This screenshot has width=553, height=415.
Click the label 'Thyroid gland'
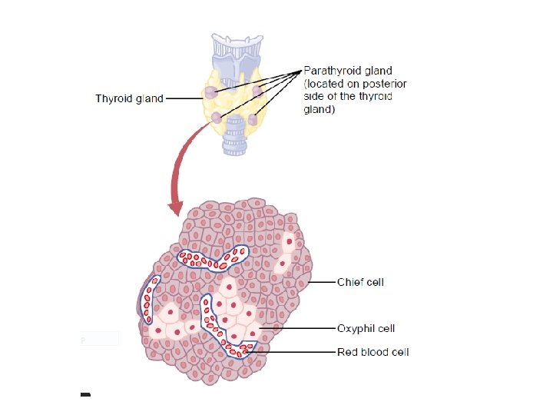point(129,98)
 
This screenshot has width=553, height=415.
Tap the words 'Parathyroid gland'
point(350,71)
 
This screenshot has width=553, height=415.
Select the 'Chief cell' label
point(360,282)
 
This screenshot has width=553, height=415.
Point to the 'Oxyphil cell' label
point(366,329)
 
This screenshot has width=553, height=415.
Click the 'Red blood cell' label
point(373,353)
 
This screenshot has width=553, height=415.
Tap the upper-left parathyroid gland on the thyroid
point(210,91)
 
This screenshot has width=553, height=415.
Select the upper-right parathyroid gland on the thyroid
point(258,91)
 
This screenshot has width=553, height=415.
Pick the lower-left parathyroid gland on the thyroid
point(217,118)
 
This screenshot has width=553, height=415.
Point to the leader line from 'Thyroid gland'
point(184,98)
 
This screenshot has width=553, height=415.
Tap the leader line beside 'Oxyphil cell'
point(300,329)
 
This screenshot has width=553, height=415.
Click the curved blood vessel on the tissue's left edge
point(151,304)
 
